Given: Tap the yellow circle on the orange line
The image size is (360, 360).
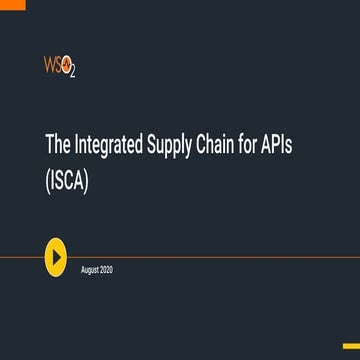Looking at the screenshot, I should pos(57,258).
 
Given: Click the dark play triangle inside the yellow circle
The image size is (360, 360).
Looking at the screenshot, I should pos(58,258).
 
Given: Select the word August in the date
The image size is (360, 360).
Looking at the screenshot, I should pos(89,270).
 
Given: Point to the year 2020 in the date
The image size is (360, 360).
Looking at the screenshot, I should pos(106,270).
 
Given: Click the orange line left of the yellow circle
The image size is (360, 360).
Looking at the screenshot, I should pos(20,258).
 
